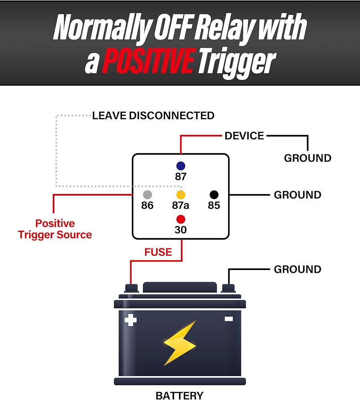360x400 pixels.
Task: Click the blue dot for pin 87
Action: pyautogui.click(x=181, y=166)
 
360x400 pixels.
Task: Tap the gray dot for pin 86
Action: pyautogui.click(x=147, y=195)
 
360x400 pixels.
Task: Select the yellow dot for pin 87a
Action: pyautogui.click(x=181, y=195)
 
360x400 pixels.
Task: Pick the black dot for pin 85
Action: pyautogui.click(x=214, y=195)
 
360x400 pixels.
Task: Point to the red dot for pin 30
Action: pyautogui.click(x=181, y=219)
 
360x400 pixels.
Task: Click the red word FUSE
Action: pyautogui.click(x=158, y=252)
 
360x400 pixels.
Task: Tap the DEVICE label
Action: pyautogui.click(x=244, y=136)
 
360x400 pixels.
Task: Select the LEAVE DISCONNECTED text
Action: pyautogui.click(x=153, y=116)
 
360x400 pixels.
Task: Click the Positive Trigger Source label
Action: pyautogui.click(x=55, y=229)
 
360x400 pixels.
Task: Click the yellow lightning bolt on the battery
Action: pyautogui.click(x=179, y=342)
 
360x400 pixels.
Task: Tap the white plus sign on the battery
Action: pyautogui.click(x=131, y=320)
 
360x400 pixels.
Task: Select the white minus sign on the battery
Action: pyautogui.click(x=229, y=319)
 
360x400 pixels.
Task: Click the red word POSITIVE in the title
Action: pyautogui.click(x=148, y=62)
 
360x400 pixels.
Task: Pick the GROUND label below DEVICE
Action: pyautogui.click(x=308, y=158)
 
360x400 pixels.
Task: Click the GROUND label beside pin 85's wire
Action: pyautogui.click(x=297, y=195)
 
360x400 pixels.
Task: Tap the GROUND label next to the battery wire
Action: pyautogui.click(x=297, y=270)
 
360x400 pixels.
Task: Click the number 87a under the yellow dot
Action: pyautogui.click(x=181, y=206)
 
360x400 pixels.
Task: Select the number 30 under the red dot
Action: pyautogui.click(x=181, y=230)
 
